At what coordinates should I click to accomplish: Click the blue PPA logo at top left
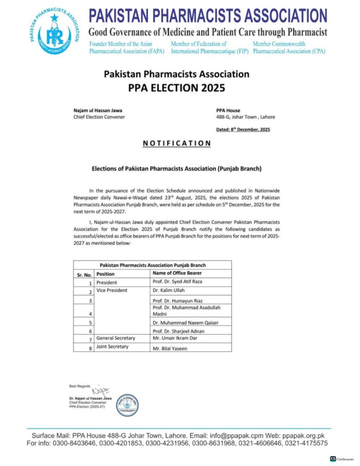(x=55, y=34)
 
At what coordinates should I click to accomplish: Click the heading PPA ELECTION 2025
(x=177, y=87)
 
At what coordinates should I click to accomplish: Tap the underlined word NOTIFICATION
(x=177, y=143)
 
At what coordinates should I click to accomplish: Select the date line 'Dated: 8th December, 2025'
(x=243, y=130)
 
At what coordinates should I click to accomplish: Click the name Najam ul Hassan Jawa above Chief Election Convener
(x=98, y=111)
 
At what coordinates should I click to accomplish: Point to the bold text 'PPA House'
(x=228, y=111)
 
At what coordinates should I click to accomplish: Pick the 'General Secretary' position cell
(x=115, y=338)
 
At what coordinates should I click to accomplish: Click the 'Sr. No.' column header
(x=84, y=274)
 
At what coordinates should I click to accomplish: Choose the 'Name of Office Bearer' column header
(x=177, y=273)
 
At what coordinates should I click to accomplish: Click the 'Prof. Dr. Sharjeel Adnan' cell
(x=177, y=330)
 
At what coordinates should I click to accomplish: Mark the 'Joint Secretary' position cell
(x=112, y=347)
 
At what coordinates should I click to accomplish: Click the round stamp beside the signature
(x=127, y=405)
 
